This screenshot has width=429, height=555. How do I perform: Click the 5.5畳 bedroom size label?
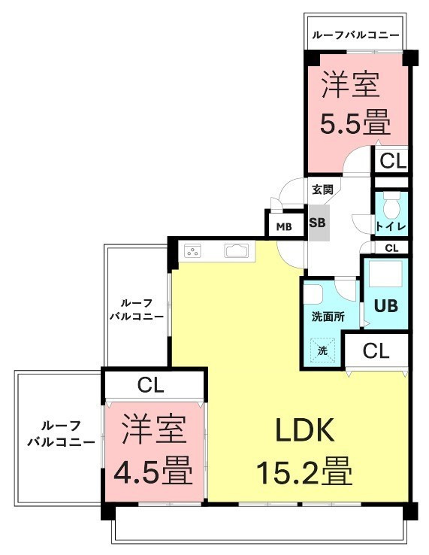tap(355, 122)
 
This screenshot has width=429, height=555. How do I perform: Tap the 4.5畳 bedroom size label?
tap(153, 471)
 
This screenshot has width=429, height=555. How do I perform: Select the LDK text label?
tap(305, 429)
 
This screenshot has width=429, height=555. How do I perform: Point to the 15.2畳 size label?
tap(304, 472)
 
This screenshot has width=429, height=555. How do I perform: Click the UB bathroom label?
tap(386, 306)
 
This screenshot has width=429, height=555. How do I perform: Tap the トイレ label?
tap(391, 226)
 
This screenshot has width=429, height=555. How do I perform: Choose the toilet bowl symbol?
tap(391, 206)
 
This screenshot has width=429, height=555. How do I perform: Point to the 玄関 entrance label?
tap(322, 190)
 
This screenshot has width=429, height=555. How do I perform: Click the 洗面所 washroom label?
tap(328, 317)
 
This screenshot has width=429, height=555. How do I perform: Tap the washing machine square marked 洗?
tap(322, 350)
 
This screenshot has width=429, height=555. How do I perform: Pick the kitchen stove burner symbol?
tap(193, 251)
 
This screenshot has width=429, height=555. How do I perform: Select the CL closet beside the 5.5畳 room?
tap(391, 161)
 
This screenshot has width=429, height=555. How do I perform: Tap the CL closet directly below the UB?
tap(376, 351)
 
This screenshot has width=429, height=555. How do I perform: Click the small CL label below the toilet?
tap(391, 248)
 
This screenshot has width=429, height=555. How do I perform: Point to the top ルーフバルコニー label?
tap(355, 35)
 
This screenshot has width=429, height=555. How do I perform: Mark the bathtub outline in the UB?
tap(385, 274)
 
